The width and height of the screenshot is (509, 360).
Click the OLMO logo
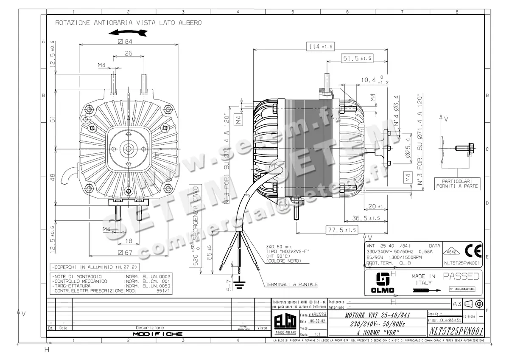click(383, 282)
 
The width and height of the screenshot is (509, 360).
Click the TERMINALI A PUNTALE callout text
click(291, 284)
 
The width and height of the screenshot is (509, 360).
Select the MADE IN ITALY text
click(423, 279)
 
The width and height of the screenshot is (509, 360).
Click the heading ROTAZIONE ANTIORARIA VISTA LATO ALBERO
click(128, 22)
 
